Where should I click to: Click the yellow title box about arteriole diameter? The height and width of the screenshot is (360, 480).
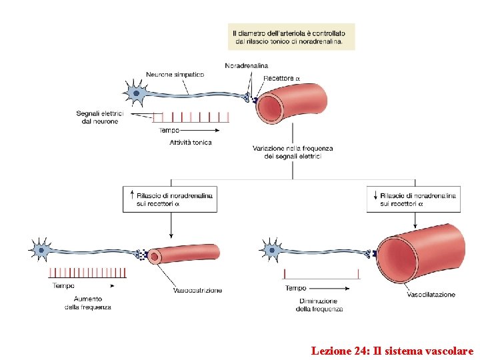[x=291, y=37]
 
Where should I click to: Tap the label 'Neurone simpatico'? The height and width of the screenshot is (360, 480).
[x=175, y=75]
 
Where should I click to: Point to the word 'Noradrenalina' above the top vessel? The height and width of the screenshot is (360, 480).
[x=247, y=65]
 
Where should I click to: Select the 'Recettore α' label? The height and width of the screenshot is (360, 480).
[x=282, y=79]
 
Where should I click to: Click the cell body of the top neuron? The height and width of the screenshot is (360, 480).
[x=136, y=94]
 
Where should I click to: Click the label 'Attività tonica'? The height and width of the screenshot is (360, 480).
[x=191, y=143]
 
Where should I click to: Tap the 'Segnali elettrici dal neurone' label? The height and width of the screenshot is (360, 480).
[x=97, y=117]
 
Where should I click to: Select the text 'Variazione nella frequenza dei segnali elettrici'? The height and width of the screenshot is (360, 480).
[x=293, y=152]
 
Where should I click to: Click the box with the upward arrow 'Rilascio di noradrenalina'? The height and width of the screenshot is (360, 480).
[x=170, y=199]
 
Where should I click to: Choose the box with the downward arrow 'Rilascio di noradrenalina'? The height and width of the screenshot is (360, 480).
[x=413, y=199]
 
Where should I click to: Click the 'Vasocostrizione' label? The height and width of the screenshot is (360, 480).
[x=198, y=291]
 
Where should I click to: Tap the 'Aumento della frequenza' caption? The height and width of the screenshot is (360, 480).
[x=88, y=303]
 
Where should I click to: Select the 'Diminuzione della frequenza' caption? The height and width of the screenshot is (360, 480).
[x=320, y=305]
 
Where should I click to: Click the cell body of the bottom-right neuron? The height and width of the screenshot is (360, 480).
[x=271, y=251]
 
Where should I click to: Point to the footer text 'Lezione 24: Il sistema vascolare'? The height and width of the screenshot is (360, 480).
[x=392, y=350]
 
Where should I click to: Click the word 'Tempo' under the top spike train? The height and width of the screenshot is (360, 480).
[x=169, y=131]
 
